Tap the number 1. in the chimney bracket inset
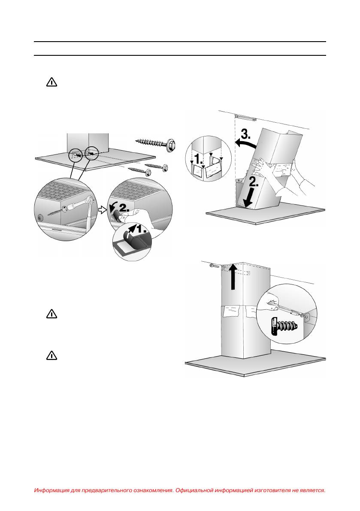pyautogui.click(x=198, y=160)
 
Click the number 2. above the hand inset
pyautogui.click(x=124, y=207)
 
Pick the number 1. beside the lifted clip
pyautogui.click(x=141, y=229)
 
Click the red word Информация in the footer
pyautogui.click(x=52, y=490)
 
